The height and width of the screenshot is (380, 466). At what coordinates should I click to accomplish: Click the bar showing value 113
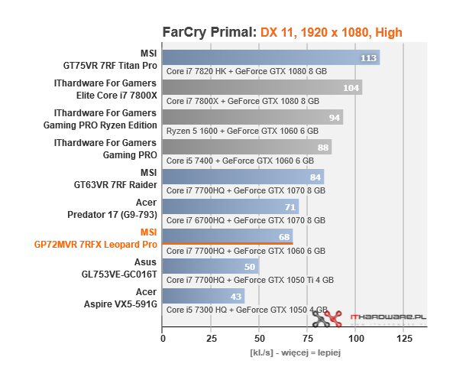coord(270,58)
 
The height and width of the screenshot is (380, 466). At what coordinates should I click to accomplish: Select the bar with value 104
coord(262,88)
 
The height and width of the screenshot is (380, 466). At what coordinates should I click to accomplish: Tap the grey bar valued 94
coord(252,118)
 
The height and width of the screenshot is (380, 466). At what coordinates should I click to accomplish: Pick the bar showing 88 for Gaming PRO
coord(246,148)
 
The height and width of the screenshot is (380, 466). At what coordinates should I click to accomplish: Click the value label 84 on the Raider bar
coord(315,177)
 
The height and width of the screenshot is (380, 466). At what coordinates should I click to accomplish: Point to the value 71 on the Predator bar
coord(290,207)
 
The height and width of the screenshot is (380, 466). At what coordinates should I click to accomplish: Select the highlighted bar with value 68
coord(227,236)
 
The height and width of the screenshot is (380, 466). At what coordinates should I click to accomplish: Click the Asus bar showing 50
coord(210,267)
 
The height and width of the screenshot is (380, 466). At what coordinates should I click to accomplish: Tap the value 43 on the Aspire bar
coord(236,297)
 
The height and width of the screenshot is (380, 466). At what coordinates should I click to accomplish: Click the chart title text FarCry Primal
coord(209,32)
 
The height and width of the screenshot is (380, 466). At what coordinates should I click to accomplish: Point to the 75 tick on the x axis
coord(308,337)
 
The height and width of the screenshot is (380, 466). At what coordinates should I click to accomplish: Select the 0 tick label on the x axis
coord(163,337)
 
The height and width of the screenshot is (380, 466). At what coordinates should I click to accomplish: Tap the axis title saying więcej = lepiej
coord(295,352)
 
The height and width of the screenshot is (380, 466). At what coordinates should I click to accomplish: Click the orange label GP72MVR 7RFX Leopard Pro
coord(95,245)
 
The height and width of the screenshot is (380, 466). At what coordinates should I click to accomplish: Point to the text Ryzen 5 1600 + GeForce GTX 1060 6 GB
coord(240,130)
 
